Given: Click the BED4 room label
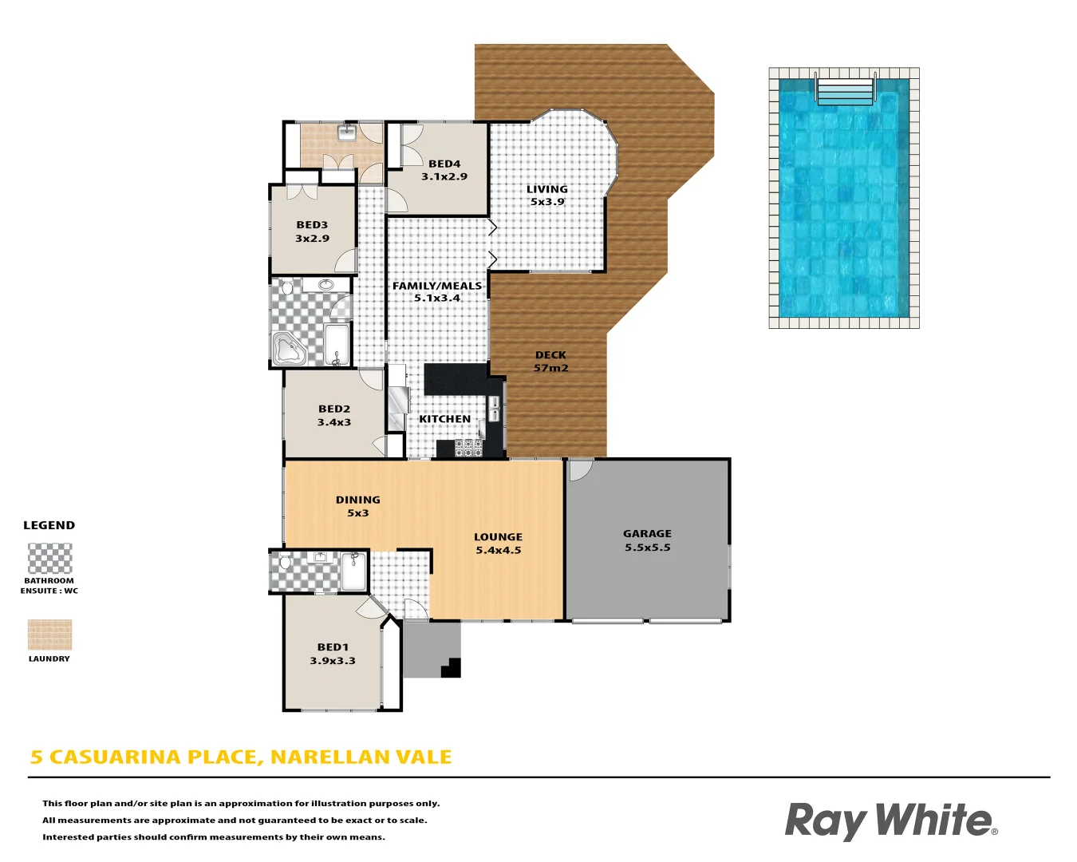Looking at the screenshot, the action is (x=444, y=164).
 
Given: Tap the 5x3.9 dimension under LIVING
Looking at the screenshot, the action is (x=547, y=202).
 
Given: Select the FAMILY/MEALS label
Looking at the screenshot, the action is (x=437, y=286).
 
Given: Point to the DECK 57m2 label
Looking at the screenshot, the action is (x=550, y=361).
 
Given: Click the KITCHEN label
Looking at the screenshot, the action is (x=444, y=419).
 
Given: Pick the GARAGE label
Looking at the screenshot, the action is (x=647, y=533).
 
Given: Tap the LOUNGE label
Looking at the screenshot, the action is (x=498, y=537).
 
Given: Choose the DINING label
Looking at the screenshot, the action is (x=358, y=500).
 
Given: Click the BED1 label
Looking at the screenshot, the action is (x=333, y=647).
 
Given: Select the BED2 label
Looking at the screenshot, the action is (x=334, y=409).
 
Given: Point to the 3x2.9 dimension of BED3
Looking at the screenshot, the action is (x=312, y=239).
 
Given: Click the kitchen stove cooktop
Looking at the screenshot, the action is (x=468, y=449).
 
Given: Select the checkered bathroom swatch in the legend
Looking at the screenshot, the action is (x=49, y=558).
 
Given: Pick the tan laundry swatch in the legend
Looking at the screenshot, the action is (x=49, y=635).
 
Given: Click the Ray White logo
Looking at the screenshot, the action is (x=891, y=821).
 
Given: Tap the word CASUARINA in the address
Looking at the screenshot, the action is (x=115, y=757).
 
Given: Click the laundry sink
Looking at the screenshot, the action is (x=346, y=132).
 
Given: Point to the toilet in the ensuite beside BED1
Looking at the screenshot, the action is (x=286, y=560).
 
